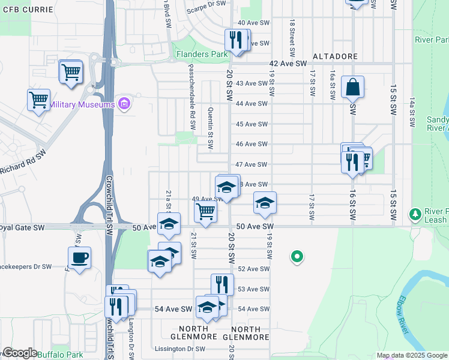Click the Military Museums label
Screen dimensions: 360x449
coord(82,104)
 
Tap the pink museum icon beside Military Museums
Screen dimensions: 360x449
coord(124,104)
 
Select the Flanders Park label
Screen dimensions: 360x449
coord(200,54)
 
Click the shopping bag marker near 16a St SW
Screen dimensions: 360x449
coord(353,88)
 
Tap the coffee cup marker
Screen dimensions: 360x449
coord(79,259)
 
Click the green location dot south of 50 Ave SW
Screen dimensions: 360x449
coord(296,257)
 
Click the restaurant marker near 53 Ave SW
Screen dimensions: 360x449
coord(222,284)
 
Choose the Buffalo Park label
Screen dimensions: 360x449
coord(60,355)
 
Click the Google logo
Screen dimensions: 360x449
coord(19,353)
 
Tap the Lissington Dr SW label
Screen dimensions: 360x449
coord(179,349)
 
